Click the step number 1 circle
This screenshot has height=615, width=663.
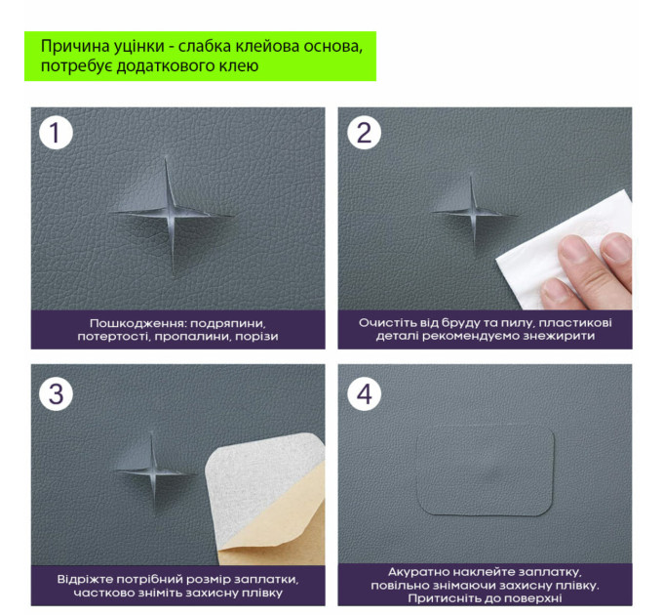coord(56,133)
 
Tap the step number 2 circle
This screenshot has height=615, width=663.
coord(364,133)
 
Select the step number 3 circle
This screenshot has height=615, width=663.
coord(56,393)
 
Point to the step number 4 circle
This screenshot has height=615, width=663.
coord(364,393)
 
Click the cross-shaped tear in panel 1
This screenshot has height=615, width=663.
coord(170,213)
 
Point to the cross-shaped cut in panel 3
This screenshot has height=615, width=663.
coord(153,471)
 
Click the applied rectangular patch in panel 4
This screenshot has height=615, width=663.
coord(486,470)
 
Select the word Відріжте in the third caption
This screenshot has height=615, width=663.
coord(85,579)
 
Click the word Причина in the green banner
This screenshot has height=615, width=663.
coord(74,46)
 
